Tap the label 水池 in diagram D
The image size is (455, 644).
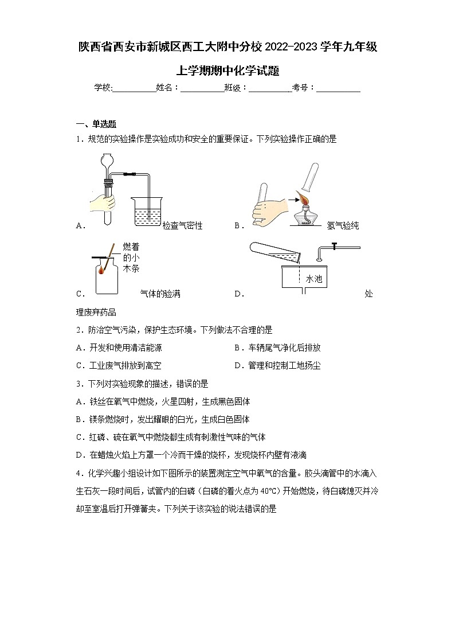pos(314,279)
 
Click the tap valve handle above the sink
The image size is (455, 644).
pos(333,247)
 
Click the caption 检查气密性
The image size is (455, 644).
pos(182,226)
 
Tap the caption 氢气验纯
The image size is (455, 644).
pos(343,226)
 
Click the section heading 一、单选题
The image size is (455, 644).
pos(96,123)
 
